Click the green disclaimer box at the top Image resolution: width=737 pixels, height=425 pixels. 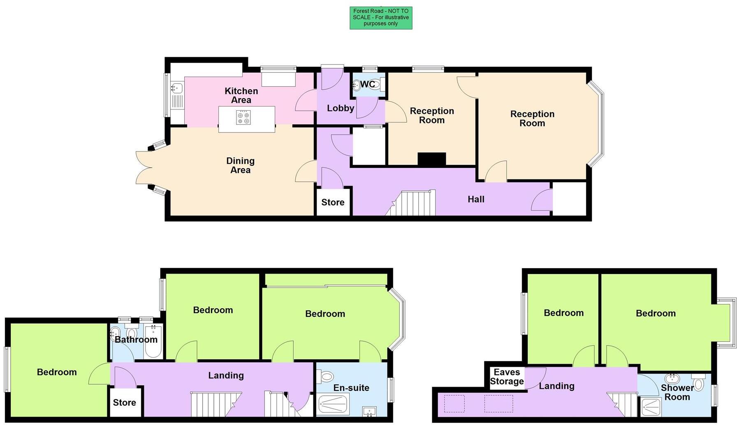pyautogui.click(x=381, y=18)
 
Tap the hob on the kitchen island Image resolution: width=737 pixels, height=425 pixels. pyautogui.click(x=243, y=118)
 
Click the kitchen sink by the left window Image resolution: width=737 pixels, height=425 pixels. pyautogui.click(x=177, y=88)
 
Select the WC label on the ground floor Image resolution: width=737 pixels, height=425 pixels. pyautogui.click(x=367, y=84)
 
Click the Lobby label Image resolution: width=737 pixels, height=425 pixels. pyautogui.click(x=341, y=108)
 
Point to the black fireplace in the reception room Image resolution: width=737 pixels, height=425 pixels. pyautogui.click(x=432, y=159)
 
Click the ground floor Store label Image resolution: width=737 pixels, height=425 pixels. pyautogui.click(x=333, y=202)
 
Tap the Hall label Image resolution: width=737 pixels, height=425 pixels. pyautogui.click(x=476, y=200)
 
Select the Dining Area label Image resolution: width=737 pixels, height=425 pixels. pyautogui.click(x=241, y=165)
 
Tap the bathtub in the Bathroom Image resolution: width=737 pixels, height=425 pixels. pyautogui.click(x=154, y=342)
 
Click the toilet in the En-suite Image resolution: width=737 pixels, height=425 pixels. pyautogui.click(x=327, y=376)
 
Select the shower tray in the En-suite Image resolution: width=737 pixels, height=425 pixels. pyautogui.click(x=333, y=404)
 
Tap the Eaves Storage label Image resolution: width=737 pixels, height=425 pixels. pyautogui.click(x=507, y=377)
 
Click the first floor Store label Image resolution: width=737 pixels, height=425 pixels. pyautogui.click(x=125, y=403)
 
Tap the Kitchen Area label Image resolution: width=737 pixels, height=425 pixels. pyautogui.click(x=241, y=95)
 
